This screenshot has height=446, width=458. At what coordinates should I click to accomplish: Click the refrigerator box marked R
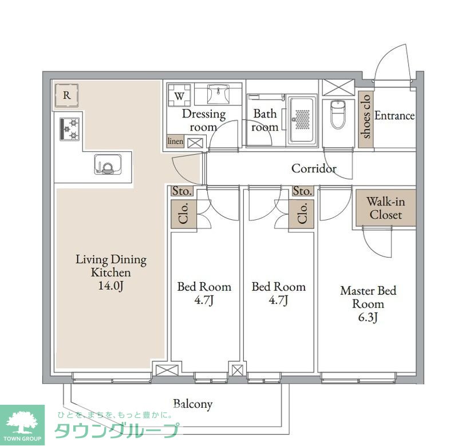tap(66, 95)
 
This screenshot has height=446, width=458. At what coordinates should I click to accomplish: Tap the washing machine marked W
tap(179, 96)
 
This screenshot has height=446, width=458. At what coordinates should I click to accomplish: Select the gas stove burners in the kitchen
tap(69, 129)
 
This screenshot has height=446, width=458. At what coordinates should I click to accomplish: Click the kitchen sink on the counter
tap(108, 164)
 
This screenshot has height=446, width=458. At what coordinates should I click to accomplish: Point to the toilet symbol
tap(338, 115)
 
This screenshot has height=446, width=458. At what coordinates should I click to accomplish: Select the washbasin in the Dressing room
tap(218, 94)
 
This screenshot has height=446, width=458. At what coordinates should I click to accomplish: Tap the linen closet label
tap(175, 141)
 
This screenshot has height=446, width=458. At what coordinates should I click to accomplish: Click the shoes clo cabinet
tap(366, 119)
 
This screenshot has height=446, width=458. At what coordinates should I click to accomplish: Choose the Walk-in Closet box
tap(385, 208)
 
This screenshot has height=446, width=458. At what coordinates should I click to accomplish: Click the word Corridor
tap(314, 168)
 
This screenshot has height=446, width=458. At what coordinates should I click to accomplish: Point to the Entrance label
tap(394, 116)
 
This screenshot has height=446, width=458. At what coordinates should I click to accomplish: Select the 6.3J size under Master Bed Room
tap(368, 317)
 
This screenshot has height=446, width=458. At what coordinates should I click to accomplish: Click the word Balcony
tap(192, 404)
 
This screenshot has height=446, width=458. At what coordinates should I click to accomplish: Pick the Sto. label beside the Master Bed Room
tap(303, 191)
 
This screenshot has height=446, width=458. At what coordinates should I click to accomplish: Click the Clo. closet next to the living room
tap(184, 214)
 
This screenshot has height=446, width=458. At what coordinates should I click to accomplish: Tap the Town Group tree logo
tap(22, 424)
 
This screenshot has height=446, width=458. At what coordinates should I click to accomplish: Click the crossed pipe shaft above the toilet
tap(338, 88)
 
